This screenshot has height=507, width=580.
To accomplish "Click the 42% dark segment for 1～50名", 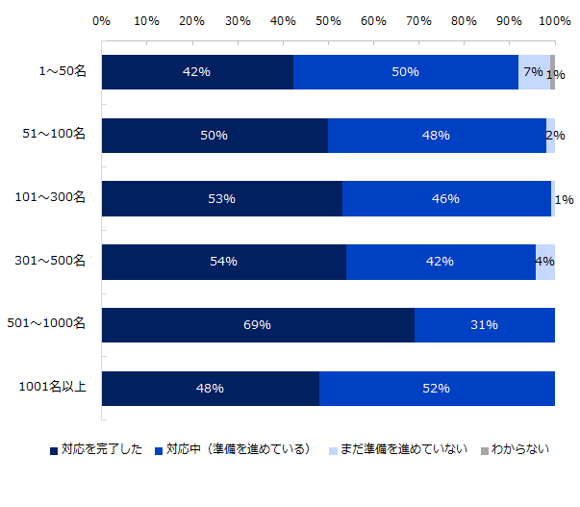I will pyautogui.click(x=197, y=72).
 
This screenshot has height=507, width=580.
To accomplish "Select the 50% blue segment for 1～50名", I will pyautogui.click(x=406, y=72).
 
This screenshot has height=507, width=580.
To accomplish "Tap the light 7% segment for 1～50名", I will pyautogui.click(x=534, y=72).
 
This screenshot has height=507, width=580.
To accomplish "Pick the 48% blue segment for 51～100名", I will pyautogui.click(x=437, y=136).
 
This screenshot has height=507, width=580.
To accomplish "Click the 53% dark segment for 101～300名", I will pyautogui.click(x=221, y=199).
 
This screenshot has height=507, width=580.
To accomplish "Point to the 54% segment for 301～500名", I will pyautogui.click(x=223, y=262).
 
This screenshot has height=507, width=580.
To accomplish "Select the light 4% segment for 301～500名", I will pyautogui.click(x=545, y=262).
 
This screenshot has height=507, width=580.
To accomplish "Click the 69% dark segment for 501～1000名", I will pyautogui.click(x=258, y=325).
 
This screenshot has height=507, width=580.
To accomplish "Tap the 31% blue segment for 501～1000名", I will pyautogui.click(x=485, y=325).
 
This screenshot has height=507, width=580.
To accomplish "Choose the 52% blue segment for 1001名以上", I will pyautogui.click(x=437, y=389).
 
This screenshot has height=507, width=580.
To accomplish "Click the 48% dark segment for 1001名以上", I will pyautogui.click(x=210, y=389).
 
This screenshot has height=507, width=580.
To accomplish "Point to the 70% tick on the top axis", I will pyautogui.click(x=418, y=20).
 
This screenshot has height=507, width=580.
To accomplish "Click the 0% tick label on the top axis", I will pyautogui.click(x=101, y=20).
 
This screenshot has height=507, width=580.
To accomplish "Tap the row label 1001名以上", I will pyautogui.click(x=54, y=389).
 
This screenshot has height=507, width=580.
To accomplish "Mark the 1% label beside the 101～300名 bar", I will pyautogui.click(x=565, y=200).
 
